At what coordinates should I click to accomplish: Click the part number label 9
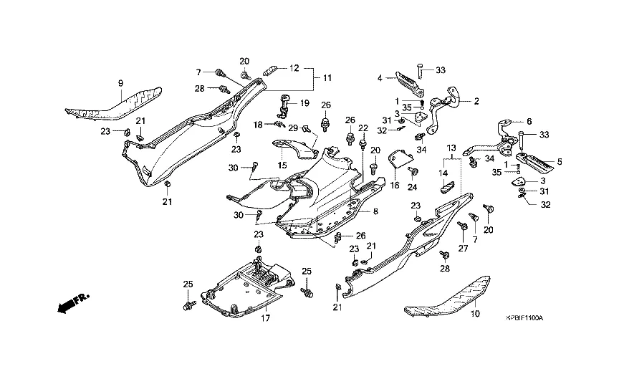(x=120, y=85)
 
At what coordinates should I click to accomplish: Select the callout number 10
(x=474, y=314)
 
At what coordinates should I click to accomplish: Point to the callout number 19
(x=304, y=103)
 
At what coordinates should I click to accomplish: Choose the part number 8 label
(x=375, y=212)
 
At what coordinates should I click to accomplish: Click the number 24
(x=413, y=188)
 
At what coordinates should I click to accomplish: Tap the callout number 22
(x=363, y=128)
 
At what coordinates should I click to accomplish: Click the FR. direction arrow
(x=70, y=304)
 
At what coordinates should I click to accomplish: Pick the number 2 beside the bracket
(x=475, y=102)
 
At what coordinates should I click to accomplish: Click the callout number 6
(x=529, y=121)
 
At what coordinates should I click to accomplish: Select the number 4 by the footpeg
(x=380, y=79)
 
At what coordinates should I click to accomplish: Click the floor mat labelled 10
(x=451, y=297)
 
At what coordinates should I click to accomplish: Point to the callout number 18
(x=256, y=125)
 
